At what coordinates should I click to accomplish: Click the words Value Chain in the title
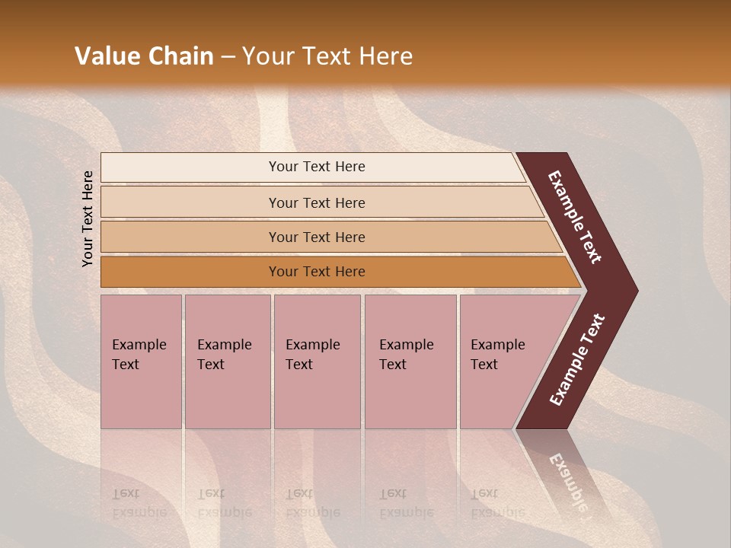point(144,56)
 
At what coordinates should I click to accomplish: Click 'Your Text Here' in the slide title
point(327,56)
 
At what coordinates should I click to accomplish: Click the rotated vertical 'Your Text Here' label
point(88,218)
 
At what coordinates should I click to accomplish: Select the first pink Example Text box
point(141,362)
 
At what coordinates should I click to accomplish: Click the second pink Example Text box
point(227,362)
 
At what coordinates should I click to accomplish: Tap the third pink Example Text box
point(316,362)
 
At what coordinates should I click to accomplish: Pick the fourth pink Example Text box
point(410,362)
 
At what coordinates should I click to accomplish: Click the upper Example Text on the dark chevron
point(575,217)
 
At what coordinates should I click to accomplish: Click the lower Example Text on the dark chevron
point(576,360)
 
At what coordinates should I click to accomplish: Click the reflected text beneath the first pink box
point(139,503)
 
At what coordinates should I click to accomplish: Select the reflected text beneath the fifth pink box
point(497,503)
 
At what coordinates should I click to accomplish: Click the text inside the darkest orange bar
point(317,272)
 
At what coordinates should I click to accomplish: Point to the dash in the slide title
point(228,57)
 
